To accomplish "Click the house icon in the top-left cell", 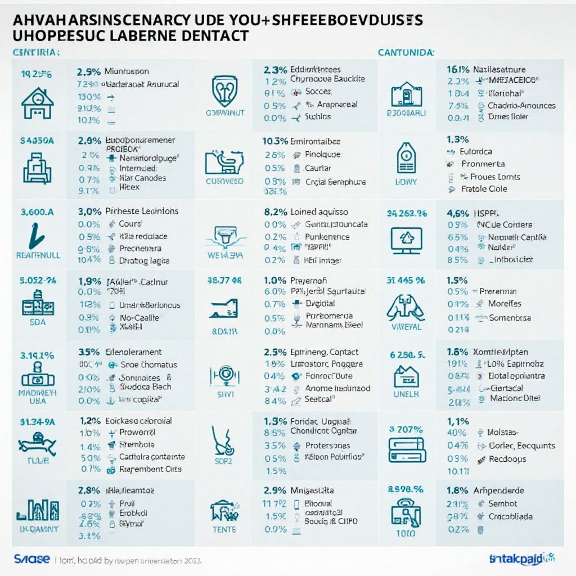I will coord(37,102).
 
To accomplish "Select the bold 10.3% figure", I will coord(274,142).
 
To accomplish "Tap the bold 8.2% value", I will coord(276,213).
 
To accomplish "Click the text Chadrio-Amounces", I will coord(521,105).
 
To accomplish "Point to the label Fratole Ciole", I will coord(484,189).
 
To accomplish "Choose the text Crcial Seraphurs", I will coord(335,182).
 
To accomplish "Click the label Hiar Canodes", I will coord(143,178).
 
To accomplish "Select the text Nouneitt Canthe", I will coord(517,237).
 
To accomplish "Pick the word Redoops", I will coord(507,459).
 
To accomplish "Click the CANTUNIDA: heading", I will coord(406,53).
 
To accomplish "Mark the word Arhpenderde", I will coord(498,490).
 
